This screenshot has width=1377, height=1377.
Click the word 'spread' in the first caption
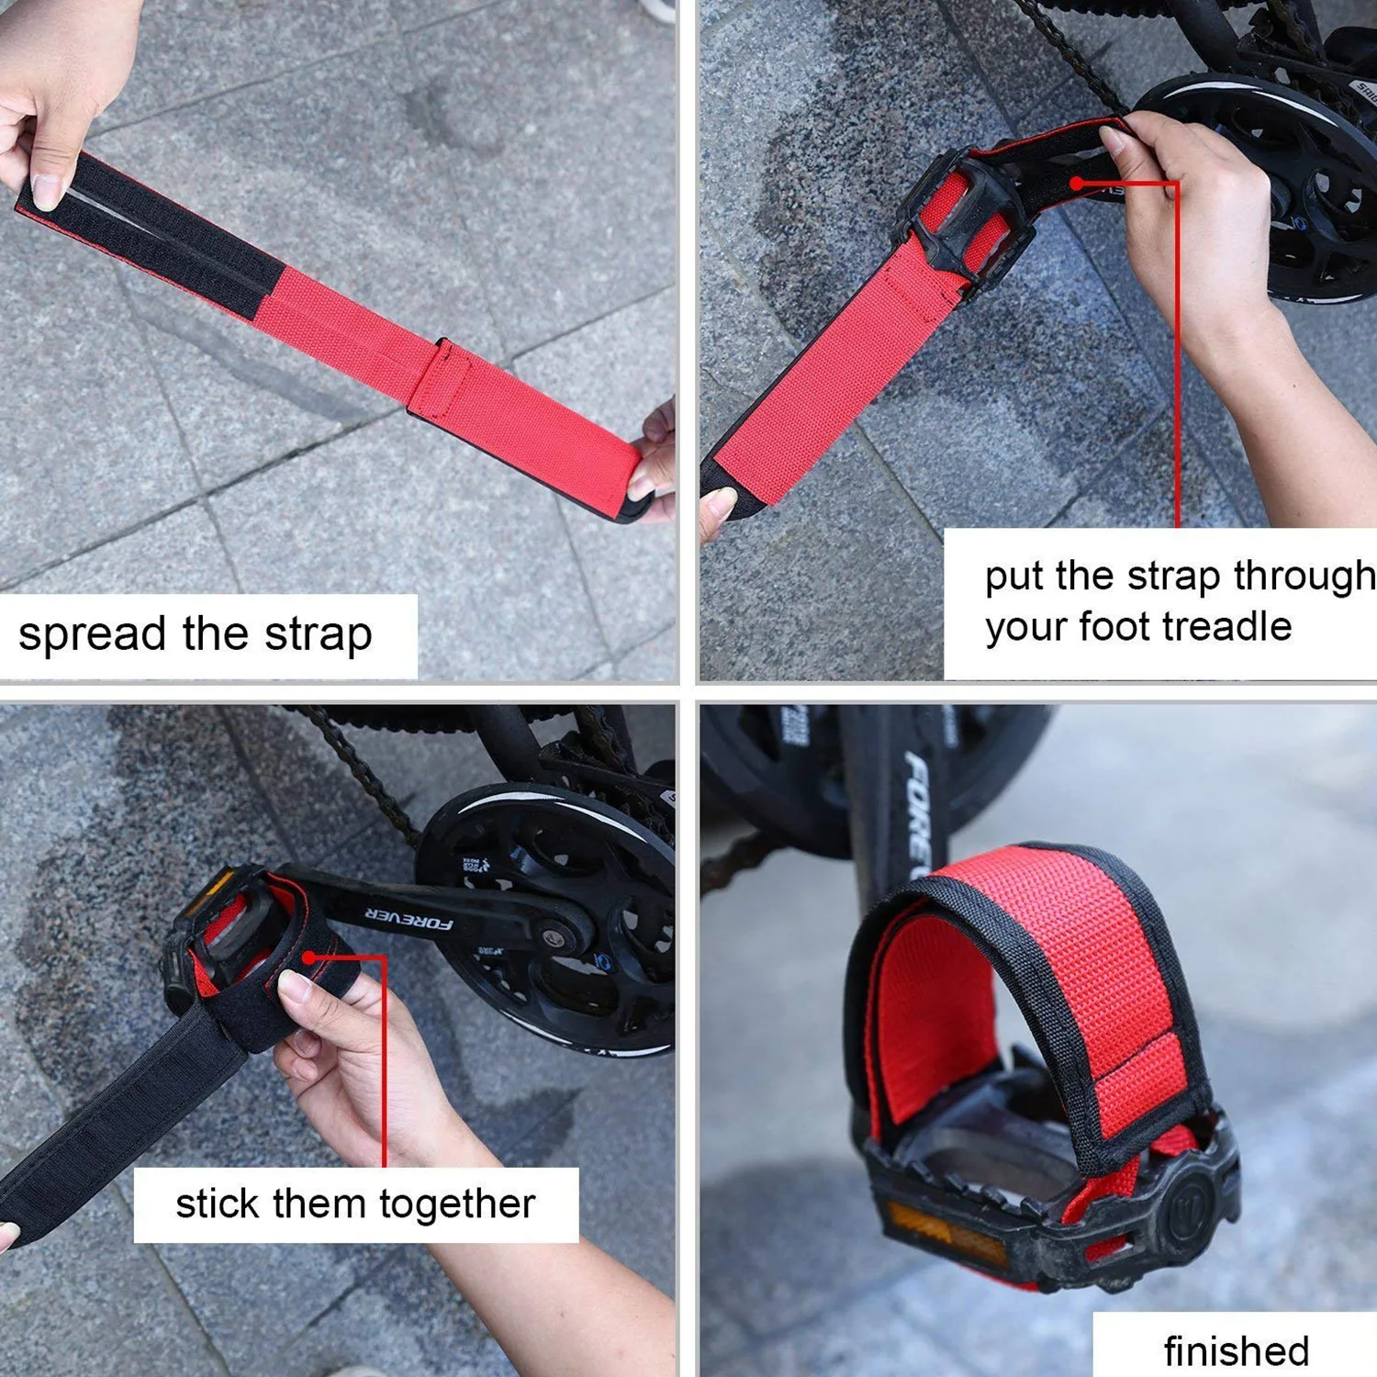[x=94, y=634]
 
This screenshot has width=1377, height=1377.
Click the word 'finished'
[x=1236, y=1351]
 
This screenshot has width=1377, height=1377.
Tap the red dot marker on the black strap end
[x=1077, y=183]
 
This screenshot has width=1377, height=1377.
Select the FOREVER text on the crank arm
[x=409, y=918]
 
